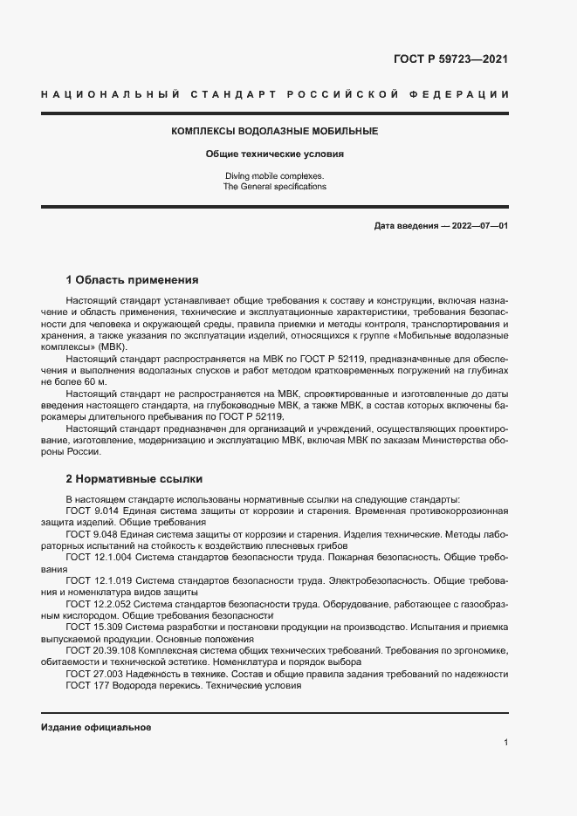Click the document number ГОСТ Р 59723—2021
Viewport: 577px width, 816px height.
tap(450, 60)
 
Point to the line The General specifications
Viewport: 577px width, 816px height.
tap(274, 187)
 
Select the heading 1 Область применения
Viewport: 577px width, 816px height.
tap(133, 280)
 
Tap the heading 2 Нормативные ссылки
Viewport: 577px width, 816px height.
tap(134, 479)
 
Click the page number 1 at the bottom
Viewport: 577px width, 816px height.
tap(506, 742)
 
